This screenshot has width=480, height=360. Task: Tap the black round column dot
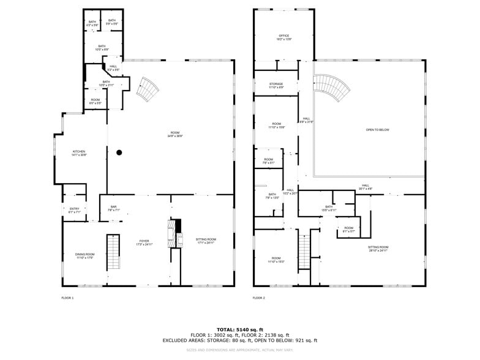pyautogui.click(x=119, y=152)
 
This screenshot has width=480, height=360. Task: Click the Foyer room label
pyautogui.click(x=144, y=242)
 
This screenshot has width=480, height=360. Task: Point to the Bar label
pyautogui.click(x=113, y=208)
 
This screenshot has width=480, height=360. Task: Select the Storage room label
pyautogui.click(x=276, y=85)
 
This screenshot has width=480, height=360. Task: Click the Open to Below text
pyautogui.click(x=377, y=130)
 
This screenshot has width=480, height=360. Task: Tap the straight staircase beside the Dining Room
pyautogui.click(x=113, y=252)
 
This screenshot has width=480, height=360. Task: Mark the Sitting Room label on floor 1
pyautogui.click(x=206, y=241)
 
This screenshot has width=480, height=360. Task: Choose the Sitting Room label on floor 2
pyautogui.click(x=378, y=249)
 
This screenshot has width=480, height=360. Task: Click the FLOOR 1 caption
pyautogui.click(x=67, y=298)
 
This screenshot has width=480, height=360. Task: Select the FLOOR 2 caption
pyautogui.click(x=258, y=298)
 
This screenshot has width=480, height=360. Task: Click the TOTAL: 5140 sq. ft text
pyautogui.click(x=240, y=329)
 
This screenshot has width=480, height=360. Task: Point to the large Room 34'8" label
pyautogui.click(x=175, y=134)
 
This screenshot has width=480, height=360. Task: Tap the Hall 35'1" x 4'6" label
pyautogui.click(x=365, y=187)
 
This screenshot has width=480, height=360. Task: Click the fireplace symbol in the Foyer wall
pyautogui.click(x=176, y=232)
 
